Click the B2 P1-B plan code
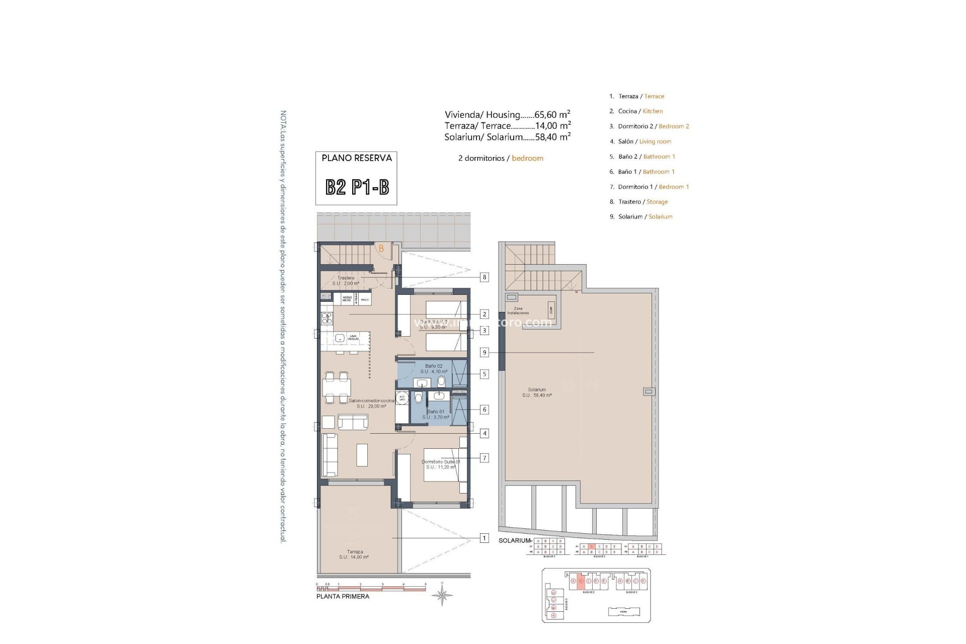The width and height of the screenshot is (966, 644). coord(357,187)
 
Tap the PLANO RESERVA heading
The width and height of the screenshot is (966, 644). coord(356,158)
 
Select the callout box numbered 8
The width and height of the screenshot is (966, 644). coord(484,277)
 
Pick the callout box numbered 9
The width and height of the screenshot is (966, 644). coord(484,353)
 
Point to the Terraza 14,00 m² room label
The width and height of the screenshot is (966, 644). coord(354,554)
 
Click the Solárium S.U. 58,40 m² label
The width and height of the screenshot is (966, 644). coord(537,392)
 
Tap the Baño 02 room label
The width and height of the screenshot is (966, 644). coord(434,369)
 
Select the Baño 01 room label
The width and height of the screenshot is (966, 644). coord(436,415)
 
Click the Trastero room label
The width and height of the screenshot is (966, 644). coord(346,280)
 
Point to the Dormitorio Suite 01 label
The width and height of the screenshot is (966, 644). coord(441,464)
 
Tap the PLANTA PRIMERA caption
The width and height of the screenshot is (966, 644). coord(343,597)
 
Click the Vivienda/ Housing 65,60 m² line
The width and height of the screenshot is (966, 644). coord(507,115)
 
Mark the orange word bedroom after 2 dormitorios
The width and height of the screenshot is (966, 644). coord(527,158)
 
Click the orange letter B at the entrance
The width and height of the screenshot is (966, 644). coord(381,249)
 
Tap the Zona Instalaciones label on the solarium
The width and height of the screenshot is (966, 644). coord(518,311)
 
